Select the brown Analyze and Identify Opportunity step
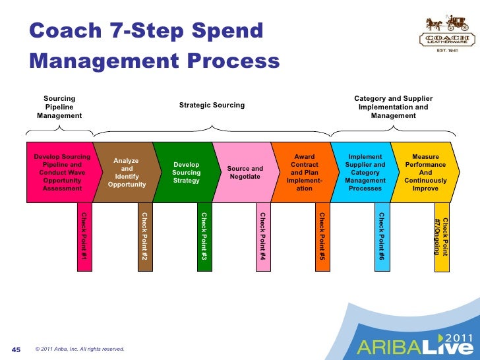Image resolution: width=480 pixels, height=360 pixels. tap(126, 172)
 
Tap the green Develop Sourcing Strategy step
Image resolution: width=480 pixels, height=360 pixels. tap(185, 172)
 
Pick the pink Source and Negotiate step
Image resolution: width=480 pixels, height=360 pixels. tap(245, 172)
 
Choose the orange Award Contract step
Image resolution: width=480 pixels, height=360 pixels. tap(304, 172)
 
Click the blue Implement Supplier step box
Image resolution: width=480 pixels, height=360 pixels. tap(365, 172)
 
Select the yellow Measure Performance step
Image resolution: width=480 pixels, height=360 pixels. tap(425, 172)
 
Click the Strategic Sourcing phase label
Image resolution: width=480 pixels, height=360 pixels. tap(212, 105)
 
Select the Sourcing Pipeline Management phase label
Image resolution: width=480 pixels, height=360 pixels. tap(59, 107)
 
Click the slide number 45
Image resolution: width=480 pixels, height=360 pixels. tap(18, 348)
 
